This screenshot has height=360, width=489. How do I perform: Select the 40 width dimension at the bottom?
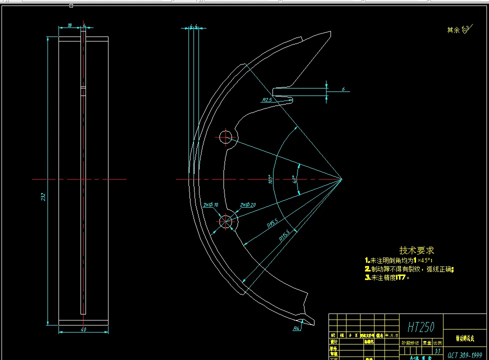[x=83, y=329]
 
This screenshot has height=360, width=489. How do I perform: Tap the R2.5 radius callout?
[x=267, y=100]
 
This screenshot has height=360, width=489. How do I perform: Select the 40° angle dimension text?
[x=294, y=179]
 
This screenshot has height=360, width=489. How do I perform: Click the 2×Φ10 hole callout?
[x=210, y=205]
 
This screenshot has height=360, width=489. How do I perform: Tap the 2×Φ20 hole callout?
[x=247, y=205]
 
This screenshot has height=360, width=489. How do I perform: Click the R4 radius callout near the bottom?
[x=296, y=328]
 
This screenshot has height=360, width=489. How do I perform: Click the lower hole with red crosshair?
[x=225, y=220]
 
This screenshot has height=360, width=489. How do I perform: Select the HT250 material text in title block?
[x=421, y=327]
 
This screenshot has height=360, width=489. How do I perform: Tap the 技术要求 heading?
[x=416, y=250]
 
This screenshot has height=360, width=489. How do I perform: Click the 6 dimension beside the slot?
[x=343, y=89]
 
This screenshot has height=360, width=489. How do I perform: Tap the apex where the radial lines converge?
[x=341, y=178]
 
